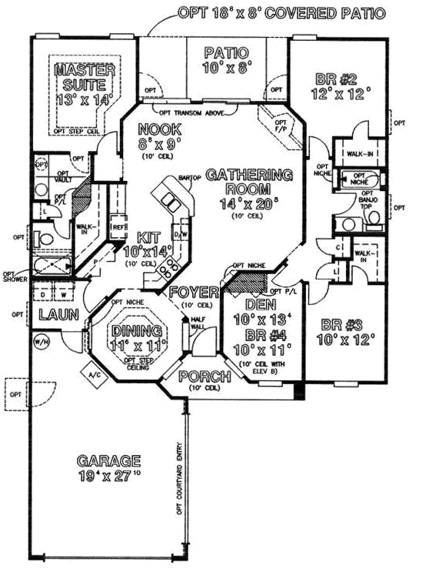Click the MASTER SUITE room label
85,77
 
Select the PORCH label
205,377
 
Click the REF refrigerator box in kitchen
118,228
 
